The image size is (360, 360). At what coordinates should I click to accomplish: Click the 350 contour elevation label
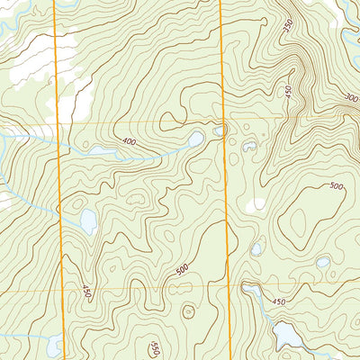tap(288, 27)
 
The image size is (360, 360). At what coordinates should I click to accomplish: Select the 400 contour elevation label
tap(130, 142)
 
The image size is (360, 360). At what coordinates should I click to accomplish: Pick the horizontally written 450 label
tap(278, 301)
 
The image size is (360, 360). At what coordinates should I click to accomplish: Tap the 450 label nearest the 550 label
tap(86, 293)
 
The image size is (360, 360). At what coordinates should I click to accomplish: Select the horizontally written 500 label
tap(337, 186)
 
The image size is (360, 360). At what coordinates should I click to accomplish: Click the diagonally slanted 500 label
tap(183, 268)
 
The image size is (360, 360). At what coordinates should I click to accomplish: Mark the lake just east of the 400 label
tap(195, 139)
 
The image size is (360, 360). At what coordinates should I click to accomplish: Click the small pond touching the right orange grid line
tap(220, 131)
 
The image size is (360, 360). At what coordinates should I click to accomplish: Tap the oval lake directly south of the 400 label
tap(88, 220)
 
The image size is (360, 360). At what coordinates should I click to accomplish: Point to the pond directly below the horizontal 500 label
tap(322, 262)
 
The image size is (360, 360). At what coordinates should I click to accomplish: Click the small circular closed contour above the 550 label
tap(188, 312)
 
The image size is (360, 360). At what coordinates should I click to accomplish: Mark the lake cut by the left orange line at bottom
tap(56, 345)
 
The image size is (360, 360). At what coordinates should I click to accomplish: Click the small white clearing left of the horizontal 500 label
tap(259, 204)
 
